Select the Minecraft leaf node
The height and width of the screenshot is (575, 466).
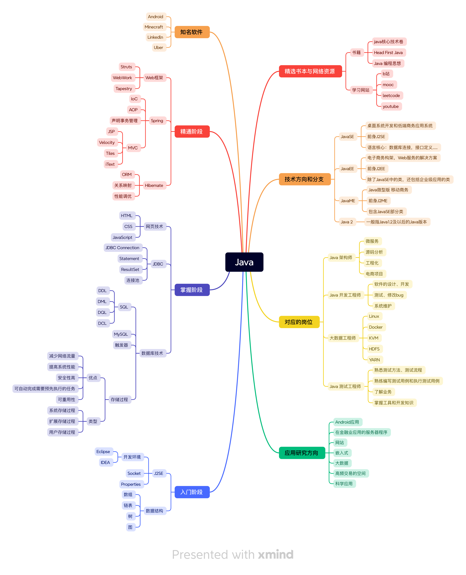pyautogui.click(x=154, y=27)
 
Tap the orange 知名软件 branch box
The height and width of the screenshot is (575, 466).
pyautogui.click(x=192, y=32)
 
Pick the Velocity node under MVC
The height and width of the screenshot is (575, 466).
pyautogui.click(x=107, y=142)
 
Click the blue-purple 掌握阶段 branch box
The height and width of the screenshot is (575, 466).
pyautogui.click(x=192, y=290)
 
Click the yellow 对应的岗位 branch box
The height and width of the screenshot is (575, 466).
pyautogui.click(x=299, y=322)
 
